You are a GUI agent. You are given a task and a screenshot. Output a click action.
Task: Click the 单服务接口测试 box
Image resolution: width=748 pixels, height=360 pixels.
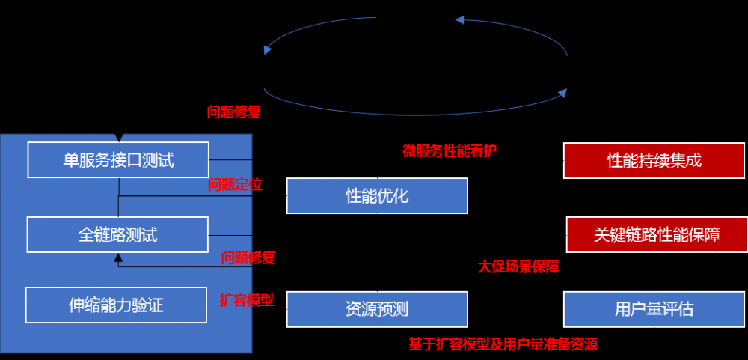click(118, 159)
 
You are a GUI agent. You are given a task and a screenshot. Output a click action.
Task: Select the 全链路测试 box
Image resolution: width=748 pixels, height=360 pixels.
click(118, 234)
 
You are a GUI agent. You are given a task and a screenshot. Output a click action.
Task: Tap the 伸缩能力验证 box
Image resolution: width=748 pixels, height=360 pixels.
click(116, 305)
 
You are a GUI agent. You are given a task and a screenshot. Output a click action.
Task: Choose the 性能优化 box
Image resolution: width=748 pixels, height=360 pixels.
click(377, 196)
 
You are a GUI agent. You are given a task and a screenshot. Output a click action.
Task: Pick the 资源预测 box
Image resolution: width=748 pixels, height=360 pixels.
click(377, 309)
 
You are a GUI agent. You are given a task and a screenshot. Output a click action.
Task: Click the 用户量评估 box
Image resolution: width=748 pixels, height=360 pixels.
click(654, 309)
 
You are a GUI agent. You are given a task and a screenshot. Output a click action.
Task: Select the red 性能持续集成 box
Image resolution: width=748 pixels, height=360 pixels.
click(654, 160)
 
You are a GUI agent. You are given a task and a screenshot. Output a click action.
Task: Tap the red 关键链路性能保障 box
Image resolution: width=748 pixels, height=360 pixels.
click(656, 235)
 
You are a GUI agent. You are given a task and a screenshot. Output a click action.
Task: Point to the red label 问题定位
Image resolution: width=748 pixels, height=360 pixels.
click(235, 184)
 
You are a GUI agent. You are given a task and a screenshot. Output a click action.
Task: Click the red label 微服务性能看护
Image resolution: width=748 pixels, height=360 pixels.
click(450, 150)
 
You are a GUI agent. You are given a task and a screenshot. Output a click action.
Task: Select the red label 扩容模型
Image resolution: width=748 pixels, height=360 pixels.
click(246, 300)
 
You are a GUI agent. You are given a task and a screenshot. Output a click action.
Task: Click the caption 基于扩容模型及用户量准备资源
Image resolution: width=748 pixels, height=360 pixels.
click(503, 344)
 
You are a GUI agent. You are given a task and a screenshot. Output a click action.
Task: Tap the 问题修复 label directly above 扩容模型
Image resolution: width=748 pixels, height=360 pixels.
click(248, 258)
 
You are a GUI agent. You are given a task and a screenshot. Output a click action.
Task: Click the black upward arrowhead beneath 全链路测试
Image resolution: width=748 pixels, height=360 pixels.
click(118, 258)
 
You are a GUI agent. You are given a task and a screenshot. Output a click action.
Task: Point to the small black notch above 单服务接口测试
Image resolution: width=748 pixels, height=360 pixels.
click(118, 138)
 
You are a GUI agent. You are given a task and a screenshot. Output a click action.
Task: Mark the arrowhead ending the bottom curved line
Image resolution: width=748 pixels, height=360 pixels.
click(562, 93)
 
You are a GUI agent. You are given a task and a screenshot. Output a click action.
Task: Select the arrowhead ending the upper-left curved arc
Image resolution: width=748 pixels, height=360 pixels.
click(267, 50)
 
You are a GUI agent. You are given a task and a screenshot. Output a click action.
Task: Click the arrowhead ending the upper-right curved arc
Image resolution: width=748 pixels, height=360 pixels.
click(460, 21)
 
